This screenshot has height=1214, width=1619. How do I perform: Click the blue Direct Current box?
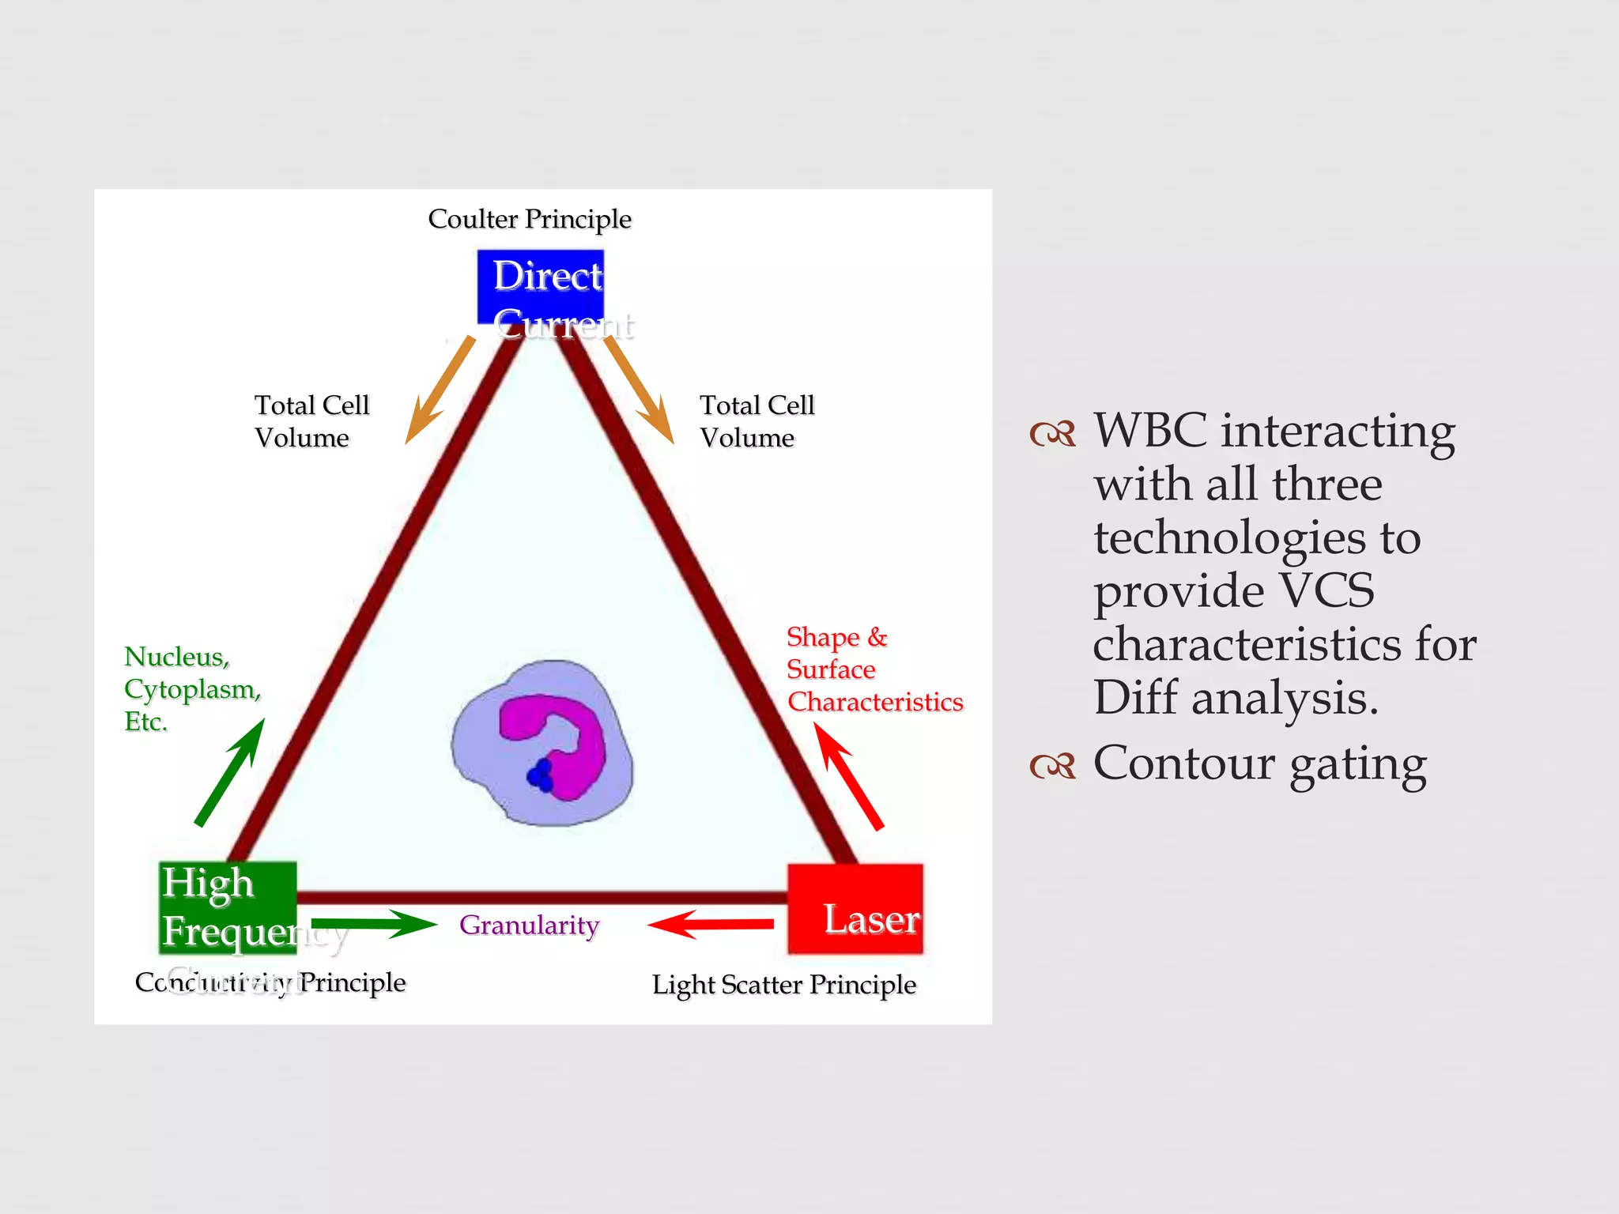541,286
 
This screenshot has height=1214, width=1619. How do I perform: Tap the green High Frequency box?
228,907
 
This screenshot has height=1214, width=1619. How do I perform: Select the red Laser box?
855,909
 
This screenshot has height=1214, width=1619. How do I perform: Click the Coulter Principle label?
530,219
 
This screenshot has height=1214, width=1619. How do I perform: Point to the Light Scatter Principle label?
783,985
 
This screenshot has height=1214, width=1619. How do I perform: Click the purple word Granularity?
529,925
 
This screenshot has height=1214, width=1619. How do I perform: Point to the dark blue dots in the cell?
541,776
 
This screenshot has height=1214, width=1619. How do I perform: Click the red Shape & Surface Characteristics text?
874,669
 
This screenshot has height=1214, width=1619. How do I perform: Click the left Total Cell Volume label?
311,421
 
